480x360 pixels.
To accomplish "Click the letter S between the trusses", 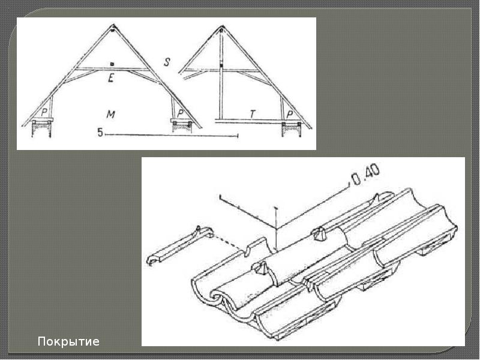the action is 167,62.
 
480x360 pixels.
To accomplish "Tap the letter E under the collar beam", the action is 111,78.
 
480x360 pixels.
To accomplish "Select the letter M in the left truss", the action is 110,115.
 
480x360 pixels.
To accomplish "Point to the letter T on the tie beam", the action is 253,114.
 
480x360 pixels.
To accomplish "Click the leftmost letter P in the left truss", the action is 44,113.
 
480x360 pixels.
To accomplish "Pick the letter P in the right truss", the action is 290,114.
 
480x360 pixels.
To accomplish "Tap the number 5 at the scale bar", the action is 100,133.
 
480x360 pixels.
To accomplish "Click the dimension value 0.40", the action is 365,175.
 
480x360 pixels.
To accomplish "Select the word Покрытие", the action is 68,341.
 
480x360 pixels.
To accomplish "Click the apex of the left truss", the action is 113,25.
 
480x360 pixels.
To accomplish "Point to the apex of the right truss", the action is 222,26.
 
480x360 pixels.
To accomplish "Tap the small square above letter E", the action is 112,64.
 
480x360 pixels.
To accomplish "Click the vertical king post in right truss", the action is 221,73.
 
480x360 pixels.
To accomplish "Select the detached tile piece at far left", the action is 180,245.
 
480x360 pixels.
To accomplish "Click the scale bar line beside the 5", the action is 172,134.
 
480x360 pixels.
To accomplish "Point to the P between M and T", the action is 181,113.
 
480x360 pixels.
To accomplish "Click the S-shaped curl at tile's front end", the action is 218,298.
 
